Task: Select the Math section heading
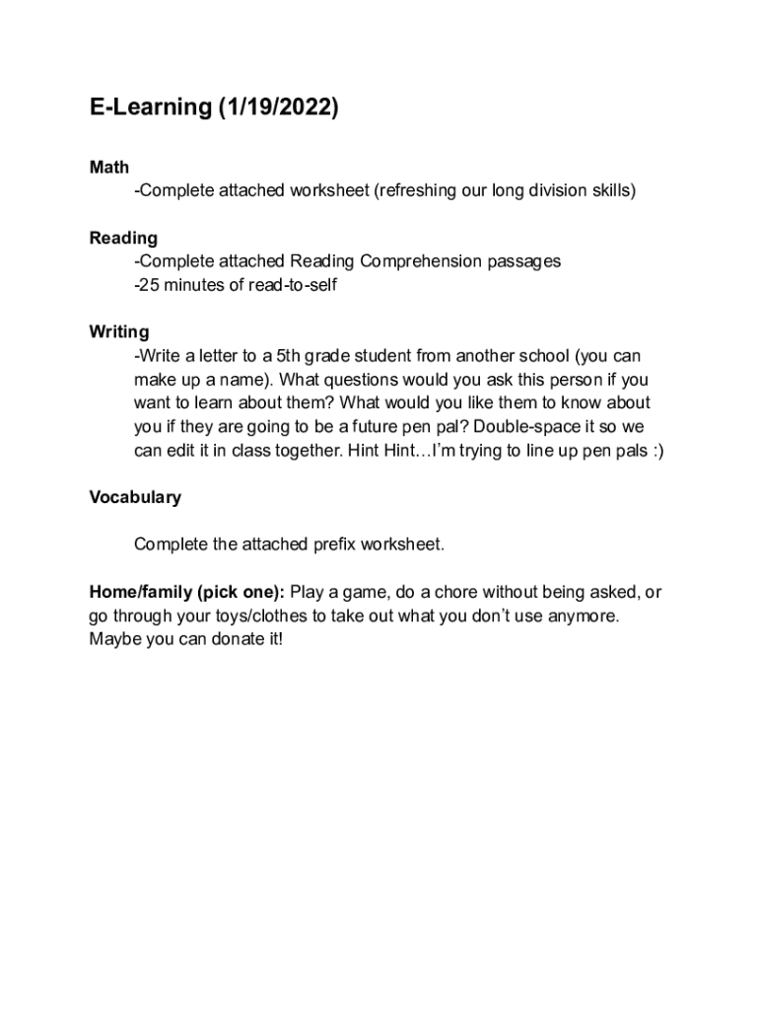(x=109, y=168)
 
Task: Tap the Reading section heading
(x=123, y=238)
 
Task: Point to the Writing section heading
(x=119, y=331)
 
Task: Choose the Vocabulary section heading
(x=135, y=497)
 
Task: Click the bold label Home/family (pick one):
(x=187, y=592)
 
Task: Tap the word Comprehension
(x=423, y=261)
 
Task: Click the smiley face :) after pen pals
(x=655, y=451)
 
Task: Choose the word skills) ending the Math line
(x=614, y=190)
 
